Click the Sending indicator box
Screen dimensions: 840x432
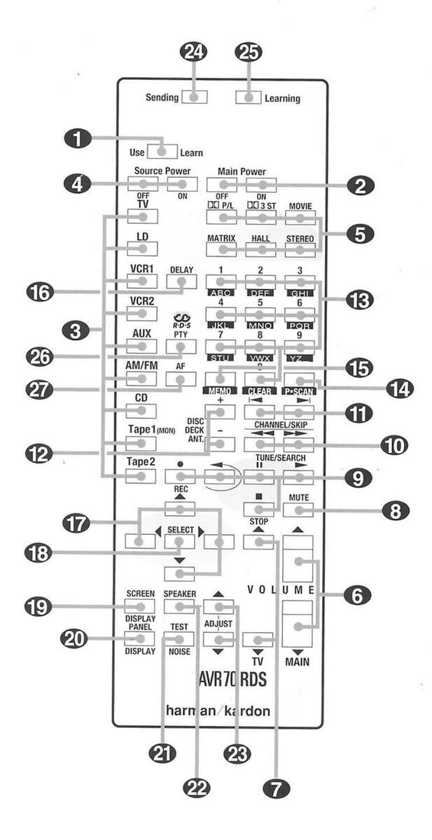click(x=194, y=97)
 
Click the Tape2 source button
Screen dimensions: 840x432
click(x=141, y=476)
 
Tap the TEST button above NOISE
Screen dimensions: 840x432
click(x=177, y=638)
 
